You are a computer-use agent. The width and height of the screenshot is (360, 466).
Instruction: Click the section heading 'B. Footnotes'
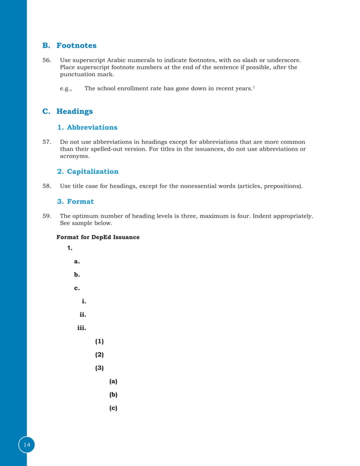(69, 45)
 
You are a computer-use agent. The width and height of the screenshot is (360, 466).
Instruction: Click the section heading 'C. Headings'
(68, 111)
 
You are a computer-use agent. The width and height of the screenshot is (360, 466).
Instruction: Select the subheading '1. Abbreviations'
(87, 128)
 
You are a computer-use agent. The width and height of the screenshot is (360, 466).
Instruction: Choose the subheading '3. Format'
(75, 201)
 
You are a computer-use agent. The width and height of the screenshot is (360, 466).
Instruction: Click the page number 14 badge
(27, 445)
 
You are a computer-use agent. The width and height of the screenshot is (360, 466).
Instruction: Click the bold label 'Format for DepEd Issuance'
(98, 237)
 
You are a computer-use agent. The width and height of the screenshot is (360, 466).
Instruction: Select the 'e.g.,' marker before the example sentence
(67, 89)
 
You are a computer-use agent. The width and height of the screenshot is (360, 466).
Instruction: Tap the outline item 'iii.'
(81, 328)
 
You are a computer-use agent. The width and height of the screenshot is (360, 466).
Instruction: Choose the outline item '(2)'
(99, 355)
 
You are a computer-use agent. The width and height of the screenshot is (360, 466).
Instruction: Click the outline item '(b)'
(113, 394)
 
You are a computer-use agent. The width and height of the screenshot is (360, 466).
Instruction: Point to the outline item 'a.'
(77, 261)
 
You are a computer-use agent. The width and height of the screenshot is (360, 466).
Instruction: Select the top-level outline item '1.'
(70, 248)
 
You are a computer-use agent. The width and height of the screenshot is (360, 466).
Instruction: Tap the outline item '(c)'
(113, 407)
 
